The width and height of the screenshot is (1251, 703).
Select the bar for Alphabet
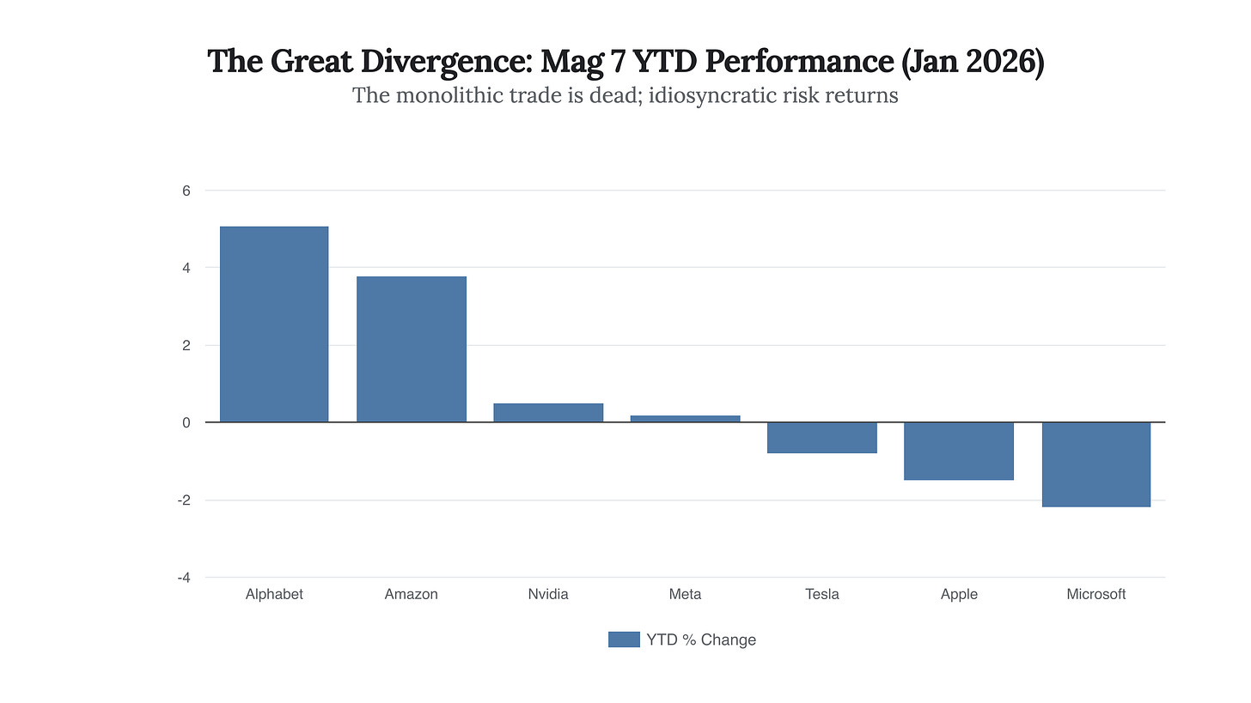pyautogui.click(x=274, y=324)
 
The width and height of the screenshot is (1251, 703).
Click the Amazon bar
pyautogui.click(x=411, y=349)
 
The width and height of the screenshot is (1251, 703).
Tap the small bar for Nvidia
pyautogui.click(x=548, y=413)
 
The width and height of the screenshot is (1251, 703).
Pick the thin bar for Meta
pyautogui.click(x=685, y=419)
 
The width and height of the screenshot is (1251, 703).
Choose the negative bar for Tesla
pyautogui.click(x=821, y=438)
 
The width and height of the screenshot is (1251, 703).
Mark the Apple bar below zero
pyautogui.click(x=959, y=451)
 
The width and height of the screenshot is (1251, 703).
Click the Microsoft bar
pyautogui.click(x=1095, y=464)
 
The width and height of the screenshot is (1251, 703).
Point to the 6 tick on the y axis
pyautogui.click(x=185, y=191)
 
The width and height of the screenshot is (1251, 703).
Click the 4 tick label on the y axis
pyautogui.click(x=185, y=268)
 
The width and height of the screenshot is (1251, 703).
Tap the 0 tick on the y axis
pyautogui.click(x=185, y=422)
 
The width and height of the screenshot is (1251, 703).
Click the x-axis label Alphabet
pyautogui.click(x=274, y=594)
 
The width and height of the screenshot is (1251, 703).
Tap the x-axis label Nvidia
pyautogui.click(x=548, y=594)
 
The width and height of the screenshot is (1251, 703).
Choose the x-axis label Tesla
pyautogui.click(x=821, y=594)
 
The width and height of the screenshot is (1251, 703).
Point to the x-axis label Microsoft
pyautogui.click(x=1095, y=594)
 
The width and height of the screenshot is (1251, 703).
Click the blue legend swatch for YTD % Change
pyautogui.click(x=624, y=639)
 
